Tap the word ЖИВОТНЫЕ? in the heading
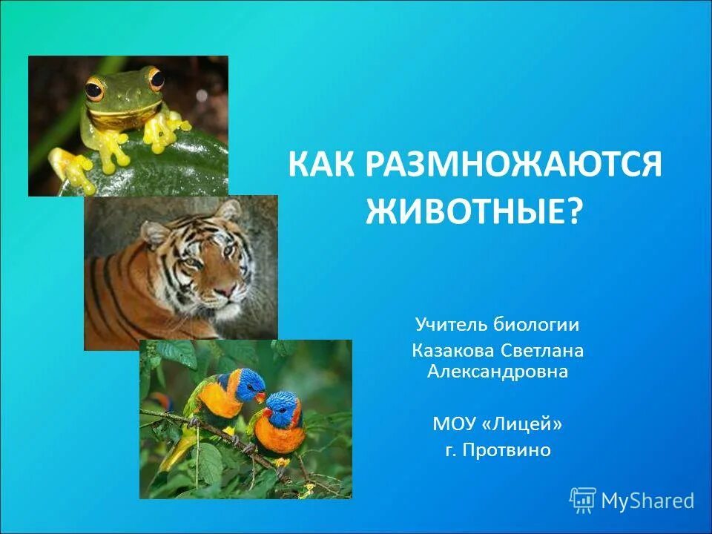475,211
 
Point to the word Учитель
449,324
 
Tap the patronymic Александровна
498,372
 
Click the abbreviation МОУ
455,425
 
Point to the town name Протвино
508,449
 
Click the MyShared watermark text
647,501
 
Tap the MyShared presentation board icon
583,501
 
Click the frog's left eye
94,90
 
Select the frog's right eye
155,78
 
